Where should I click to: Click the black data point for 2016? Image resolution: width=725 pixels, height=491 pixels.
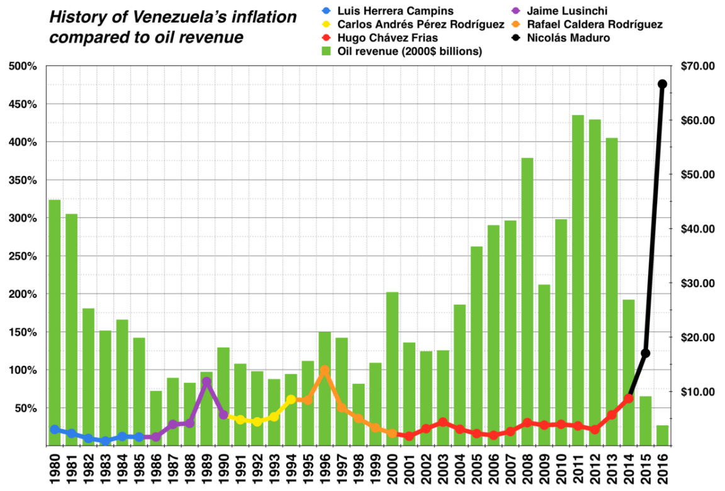click(662, 84)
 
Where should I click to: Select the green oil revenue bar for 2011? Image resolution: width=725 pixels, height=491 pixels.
click(578, 280)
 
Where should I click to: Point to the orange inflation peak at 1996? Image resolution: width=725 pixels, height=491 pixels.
click(324, 370)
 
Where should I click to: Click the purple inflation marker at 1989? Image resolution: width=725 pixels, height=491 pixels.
click(206, 381)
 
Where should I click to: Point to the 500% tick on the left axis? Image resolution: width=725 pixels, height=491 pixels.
click(24, 66)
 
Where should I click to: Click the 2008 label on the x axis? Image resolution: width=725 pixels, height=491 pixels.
click(527, 464)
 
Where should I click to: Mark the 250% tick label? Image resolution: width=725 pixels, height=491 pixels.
click(24, 256)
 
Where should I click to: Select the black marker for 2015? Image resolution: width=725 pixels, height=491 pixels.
click(645, 353)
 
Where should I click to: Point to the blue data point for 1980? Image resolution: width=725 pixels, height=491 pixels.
click(55, 429)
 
